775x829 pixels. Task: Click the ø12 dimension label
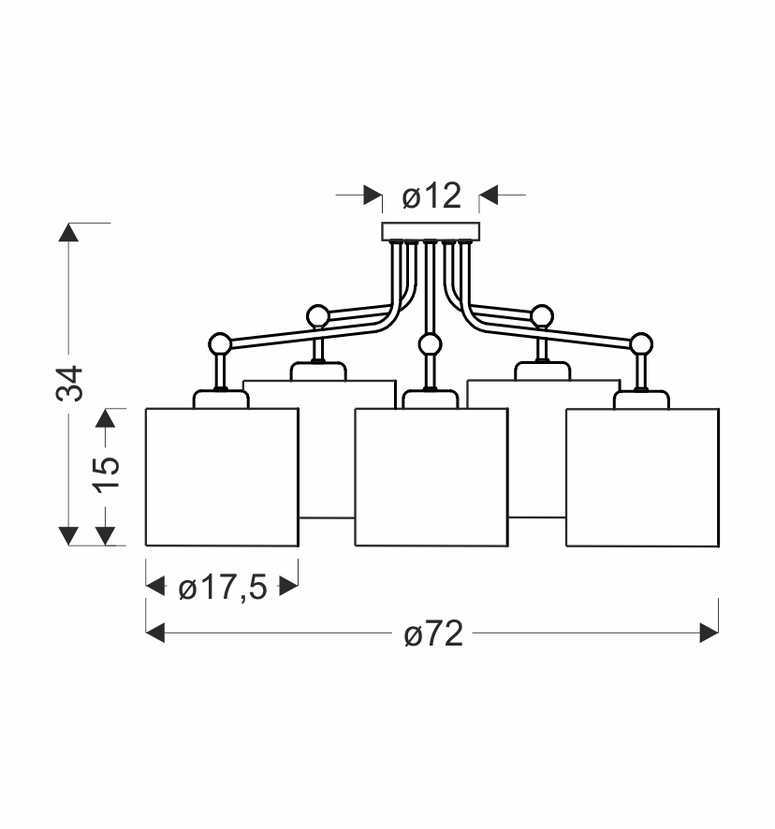pyautogui.click(x=431, y=196)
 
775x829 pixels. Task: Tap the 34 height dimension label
pyautogui.click(x=70, y=384)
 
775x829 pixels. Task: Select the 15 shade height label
pyautogui.click(x=107, y=473)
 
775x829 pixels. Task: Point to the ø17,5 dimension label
pyautogui.click(x=223, y=588)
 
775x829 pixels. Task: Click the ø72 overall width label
pyautogui.click(x=433, y=633)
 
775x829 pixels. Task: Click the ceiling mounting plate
pyautogui.click(x=431, y=231)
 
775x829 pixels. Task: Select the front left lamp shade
pyautogui.click(x=222, y=477)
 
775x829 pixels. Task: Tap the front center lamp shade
pyautogui.click(x=431, y=477)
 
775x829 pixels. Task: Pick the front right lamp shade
pyautogui.click(x=642, y=477)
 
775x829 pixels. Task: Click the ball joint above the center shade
pyautogui.click(x=430, y=344)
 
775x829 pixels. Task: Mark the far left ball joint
pyautogui.click(x=220, y=343)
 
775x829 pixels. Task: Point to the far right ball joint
pyautogui.click(x=641, y=343)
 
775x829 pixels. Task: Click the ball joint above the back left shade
pyautogui.click(x=317, y=316)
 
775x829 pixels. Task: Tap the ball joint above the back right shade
pyautogui.click(x=542, y=316)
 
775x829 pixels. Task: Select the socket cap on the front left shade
pyautogui.click(x=221, y=400)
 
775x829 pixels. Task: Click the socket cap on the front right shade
pyautogui.click(x=641, y=400)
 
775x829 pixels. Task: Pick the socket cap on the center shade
pyautogui.click(x=430, y=400)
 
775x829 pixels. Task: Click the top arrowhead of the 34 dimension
pyautogui.click(x=68, y=232)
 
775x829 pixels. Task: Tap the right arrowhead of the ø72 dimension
pyautogui.click(x=709, y=633)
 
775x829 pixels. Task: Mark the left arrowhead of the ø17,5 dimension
pyautogui.click(x=155, y=587)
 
